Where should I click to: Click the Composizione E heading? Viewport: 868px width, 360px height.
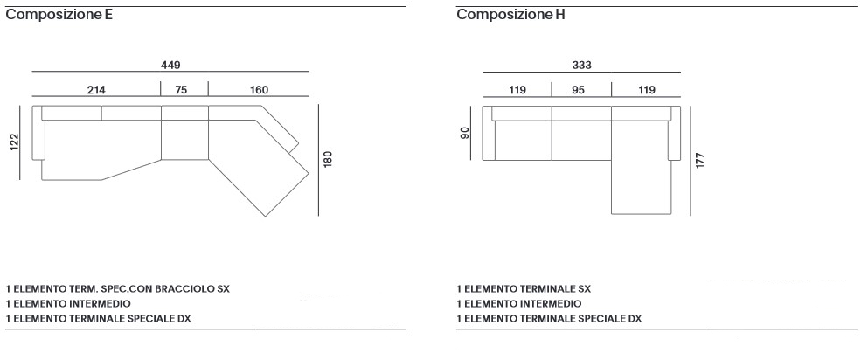click(59, 15)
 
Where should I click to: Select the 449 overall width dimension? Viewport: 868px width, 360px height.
click(170, 64)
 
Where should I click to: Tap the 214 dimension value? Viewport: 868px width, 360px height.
click(96, 89)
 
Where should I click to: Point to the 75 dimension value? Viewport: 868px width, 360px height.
click(181, 89)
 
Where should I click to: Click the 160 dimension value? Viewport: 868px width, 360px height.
click(259, 89)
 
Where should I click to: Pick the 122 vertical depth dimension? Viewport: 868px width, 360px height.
click(14, 142)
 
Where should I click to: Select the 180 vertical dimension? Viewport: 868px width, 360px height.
click(329, 160)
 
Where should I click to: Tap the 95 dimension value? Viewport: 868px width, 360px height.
click(579, 89)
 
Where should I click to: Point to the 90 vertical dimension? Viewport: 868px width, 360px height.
click(465, 133)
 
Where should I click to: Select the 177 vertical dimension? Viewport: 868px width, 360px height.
click(700, 159)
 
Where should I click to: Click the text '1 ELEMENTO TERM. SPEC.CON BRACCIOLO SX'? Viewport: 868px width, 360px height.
click(118, 287)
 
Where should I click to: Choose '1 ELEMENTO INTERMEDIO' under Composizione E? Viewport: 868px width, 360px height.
click(68, 303)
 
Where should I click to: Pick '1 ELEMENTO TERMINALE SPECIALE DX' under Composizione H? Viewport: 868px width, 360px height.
click(548, 319)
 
